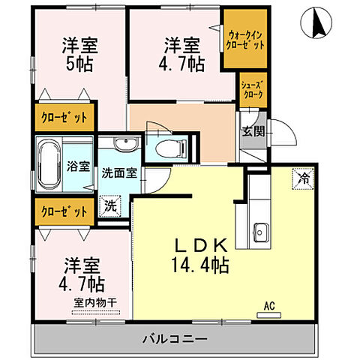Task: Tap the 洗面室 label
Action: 119,172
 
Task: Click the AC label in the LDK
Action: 268,305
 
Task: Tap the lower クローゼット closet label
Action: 64,211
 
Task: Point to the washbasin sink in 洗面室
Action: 124,144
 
